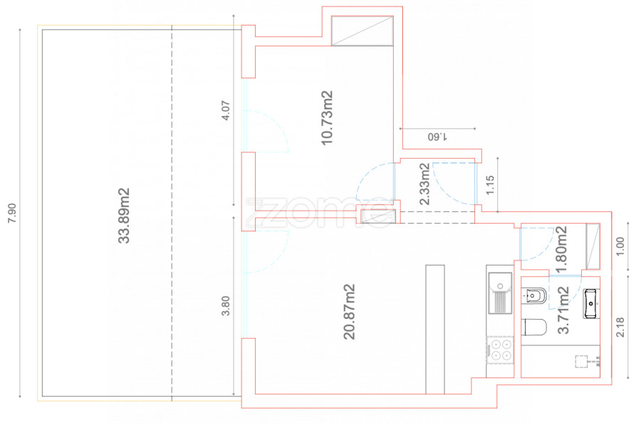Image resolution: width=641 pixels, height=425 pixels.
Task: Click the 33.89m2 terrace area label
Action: [x=124, y=216]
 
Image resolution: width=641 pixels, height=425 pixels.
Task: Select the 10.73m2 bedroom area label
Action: [x=327, y=117]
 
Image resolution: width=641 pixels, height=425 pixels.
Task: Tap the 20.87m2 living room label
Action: [x=349, y=312]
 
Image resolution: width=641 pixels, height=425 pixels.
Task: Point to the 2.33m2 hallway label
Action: [x=424, y=184]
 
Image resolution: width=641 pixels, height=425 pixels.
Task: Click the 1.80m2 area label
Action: [x=561, y=250]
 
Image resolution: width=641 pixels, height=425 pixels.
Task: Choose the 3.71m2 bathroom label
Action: [x=563, y=310]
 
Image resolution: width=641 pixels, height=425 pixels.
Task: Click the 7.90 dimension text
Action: [x=13, y=213]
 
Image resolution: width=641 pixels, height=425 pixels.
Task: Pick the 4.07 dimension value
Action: [x=225, y=110]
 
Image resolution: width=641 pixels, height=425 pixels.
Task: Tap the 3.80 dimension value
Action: [x=225, y=306]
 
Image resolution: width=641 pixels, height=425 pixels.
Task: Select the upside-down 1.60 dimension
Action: [x=437, y=137]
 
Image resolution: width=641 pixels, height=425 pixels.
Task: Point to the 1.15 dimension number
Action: [x=490, y=184]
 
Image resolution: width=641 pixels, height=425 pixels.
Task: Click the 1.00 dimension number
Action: [x=620, y=246]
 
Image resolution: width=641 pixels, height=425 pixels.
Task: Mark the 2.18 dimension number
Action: [x=620, y=327]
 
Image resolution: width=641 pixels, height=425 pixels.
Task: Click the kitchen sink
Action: [x=500, y=293]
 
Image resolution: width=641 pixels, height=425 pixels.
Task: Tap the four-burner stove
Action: [x=501, y=350]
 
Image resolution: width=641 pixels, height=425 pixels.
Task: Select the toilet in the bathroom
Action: [x=535, y=327]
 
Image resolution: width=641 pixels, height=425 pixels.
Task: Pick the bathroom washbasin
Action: [x=591, y=303]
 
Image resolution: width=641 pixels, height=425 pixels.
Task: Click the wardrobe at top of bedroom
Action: [x=363, y=31]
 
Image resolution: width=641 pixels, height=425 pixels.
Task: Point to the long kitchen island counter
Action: [x=435, y=330]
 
